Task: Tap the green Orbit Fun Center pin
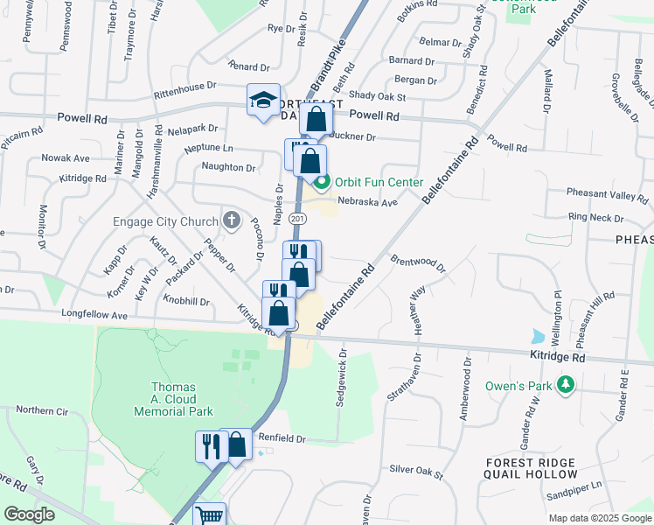[x=322, y=182]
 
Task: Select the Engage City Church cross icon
[x=231, y=220]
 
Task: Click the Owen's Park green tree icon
[x=566, y=384]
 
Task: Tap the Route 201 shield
[x=298, y=218]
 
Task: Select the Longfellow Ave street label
[x=94, y=315]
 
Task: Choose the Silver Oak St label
[x=417, y=470]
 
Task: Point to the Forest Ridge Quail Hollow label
[x=531, y=468]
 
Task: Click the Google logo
[x=30, y=514]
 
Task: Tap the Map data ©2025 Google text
[x=600, y=518]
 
